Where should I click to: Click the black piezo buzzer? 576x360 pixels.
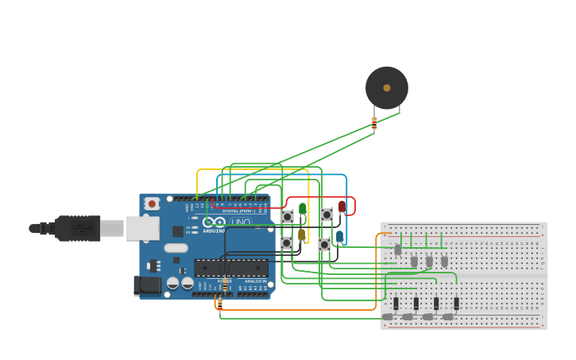coord(387,87)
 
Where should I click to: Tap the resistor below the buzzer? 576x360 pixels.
coord(374,122)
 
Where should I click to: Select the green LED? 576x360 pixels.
coord(302,209)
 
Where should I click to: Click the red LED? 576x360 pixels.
coord(342,207)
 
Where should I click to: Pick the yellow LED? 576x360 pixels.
coord(302,234)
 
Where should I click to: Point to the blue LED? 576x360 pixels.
coord(340,236)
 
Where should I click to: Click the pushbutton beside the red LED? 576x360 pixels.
coord(327,215)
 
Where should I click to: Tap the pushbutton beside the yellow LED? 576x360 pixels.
coord(287,243)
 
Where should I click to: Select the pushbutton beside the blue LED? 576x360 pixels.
coord(324,245)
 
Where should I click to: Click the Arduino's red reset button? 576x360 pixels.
coord(152,204)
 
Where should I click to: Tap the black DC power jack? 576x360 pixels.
coord(149,285)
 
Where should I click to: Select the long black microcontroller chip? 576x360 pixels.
coord(230,268)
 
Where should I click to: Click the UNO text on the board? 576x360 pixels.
coord(242,222)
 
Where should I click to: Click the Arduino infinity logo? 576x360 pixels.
coord(214,223)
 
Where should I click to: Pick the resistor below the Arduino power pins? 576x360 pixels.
coord(220,303)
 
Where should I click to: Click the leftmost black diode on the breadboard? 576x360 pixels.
coord(396,303)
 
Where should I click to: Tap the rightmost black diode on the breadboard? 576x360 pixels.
coord(456,303)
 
